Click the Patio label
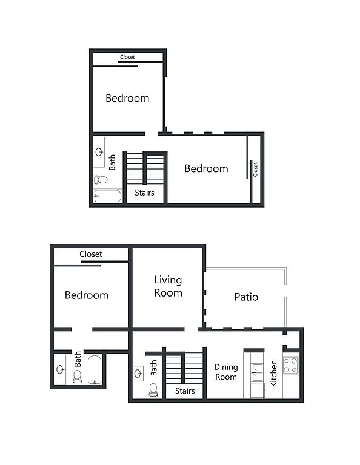click(x=246, y=297)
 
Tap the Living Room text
click(x=168, y=286)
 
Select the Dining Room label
click(x=226, y=372)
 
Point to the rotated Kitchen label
click(x=273, y=374)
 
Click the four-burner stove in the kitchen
click(x=290, y=365)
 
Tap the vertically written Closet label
click(x=255, y=170)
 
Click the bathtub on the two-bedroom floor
click(x=108, y=196)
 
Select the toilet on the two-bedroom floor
click(x=101, y=179)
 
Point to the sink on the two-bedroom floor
click(x=99, y=152)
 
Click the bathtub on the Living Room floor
click(x=95, y=370)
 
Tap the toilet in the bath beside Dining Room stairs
click(x=153, y=390)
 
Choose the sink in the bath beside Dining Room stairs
click(x=138, y=374)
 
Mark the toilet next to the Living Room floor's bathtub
click(x=78, y=377)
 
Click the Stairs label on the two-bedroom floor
click(x=144, y=193)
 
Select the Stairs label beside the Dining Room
click(x=185, y=391)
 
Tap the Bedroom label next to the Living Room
click(x=87, y=295)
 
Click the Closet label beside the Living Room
click(x=91, y=254)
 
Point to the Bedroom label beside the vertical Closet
click(x=206, y=168)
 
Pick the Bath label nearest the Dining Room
click(x=153, y=368)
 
